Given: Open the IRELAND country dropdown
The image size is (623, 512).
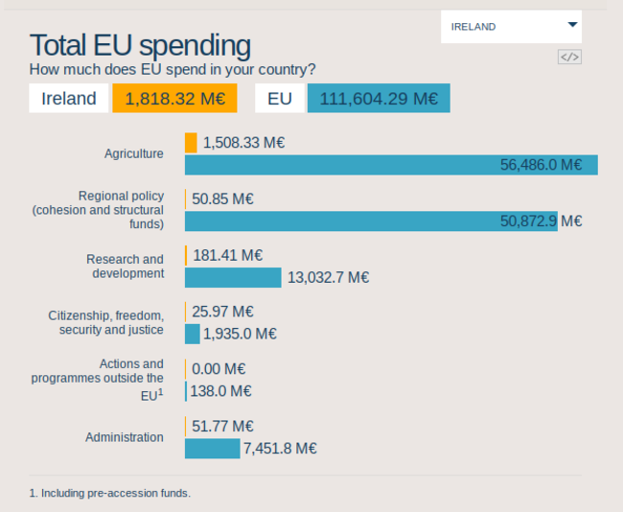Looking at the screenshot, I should [511, 27].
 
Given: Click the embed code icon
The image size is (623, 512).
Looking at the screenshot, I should [569, 57].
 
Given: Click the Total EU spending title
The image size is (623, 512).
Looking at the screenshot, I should [140, 45].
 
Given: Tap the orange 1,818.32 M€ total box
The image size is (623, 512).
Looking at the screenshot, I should [174, 99].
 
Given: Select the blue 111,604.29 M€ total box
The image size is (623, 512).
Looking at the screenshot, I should [379, 99].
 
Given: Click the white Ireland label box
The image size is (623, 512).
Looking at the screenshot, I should [68, 99].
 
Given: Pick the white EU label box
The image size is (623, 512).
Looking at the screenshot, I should [280, 99].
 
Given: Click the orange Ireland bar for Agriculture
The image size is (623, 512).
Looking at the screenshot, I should [191, 143].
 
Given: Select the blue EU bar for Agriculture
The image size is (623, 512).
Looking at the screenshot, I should [391, 165].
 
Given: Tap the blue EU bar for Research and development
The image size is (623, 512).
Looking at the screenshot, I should [233, 277].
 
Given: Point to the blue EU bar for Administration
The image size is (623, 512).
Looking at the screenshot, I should [212, 448].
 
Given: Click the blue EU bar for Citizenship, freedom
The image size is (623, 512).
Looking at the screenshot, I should [192, 334].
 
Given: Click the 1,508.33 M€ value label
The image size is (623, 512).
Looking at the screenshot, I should [243, 143].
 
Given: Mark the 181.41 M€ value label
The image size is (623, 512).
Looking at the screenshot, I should [227, 255].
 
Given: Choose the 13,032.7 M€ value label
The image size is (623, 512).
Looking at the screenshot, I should [327, 277].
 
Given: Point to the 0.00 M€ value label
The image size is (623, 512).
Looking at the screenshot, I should [219, 368].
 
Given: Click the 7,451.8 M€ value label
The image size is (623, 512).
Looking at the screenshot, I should [280, 448].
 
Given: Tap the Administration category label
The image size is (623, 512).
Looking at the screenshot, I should [125, 437].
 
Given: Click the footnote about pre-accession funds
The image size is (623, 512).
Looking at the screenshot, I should [110, 494].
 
